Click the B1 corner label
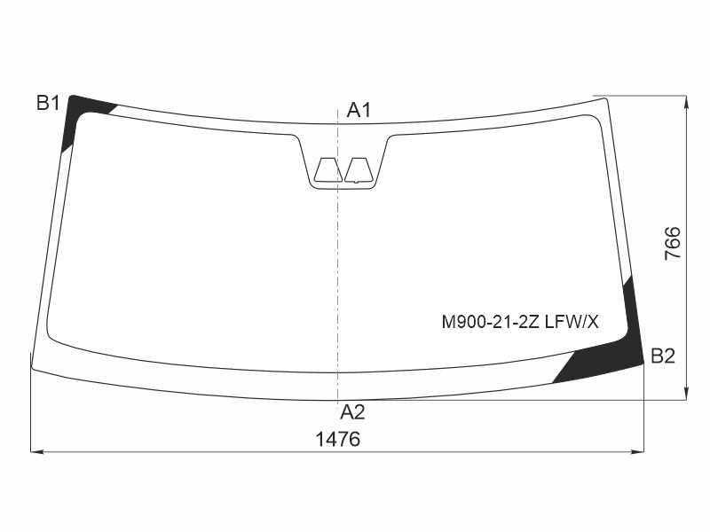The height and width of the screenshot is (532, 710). [48, 103]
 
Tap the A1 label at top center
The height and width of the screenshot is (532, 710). [359, 111]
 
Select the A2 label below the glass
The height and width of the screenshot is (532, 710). [352, 411]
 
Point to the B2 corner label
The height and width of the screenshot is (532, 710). [663, 356]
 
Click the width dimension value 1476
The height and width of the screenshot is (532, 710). [338, 439]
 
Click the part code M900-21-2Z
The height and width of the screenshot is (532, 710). [490, 322]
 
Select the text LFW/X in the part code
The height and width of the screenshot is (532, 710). [570, 322]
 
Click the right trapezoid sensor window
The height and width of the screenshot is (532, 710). [359, 170]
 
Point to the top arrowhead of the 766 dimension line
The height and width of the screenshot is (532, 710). [687, 100]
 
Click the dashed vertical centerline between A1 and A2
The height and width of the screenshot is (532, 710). [338, 266]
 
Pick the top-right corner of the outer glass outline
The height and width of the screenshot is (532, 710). [607, 98]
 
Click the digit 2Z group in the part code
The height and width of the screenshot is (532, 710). [529, 322]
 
